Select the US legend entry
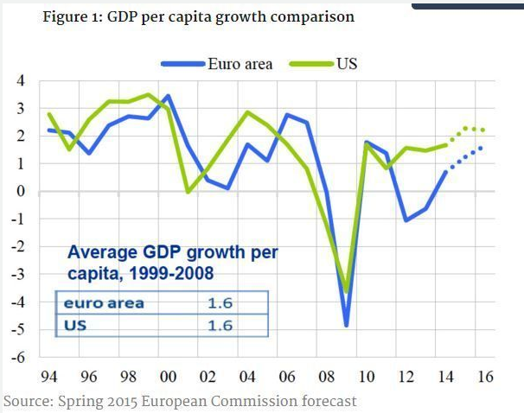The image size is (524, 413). [347, 63]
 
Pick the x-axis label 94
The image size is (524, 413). [50, 378]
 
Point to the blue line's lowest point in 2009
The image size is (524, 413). [347, 326]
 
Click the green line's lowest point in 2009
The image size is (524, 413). [347, 292]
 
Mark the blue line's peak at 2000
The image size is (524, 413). [167, 96]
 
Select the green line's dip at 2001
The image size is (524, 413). [188, 192]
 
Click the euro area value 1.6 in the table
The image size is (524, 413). [221, 304]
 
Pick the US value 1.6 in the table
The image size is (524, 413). [221, 326]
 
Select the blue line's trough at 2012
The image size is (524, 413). [405, 220]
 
